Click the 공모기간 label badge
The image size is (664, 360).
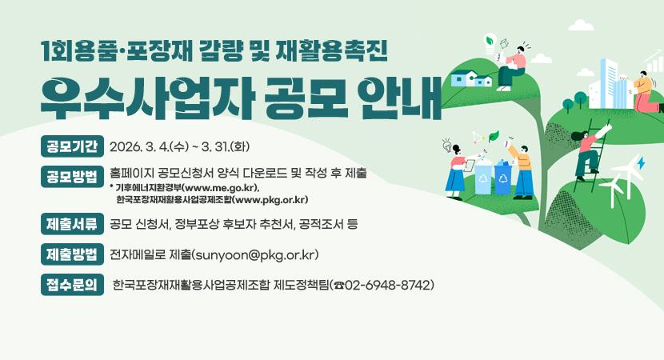[72, 147]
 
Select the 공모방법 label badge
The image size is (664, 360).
[72, 176]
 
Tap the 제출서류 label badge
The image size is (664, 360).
[72, 223]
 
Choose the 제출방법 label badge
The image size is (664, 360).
[72, 255]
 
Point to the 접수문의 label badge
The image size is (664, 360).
[72, 284]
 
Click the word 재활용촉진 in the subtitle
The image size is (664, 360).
[342, 50]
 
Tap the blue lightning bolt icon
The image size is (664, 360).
[642, 164]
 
